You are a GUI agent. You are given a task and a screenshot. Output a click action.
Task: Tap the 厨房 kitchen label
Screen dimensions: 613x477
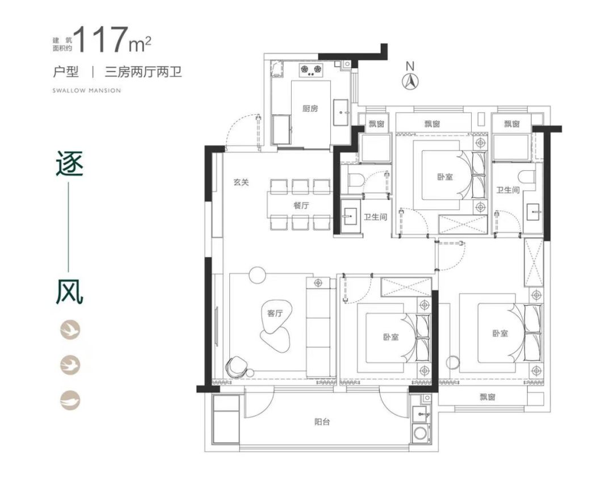click(310, 108)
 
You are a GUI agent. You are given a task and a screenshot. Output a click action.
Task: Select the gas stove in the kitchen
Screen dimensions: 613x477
click(311, 69)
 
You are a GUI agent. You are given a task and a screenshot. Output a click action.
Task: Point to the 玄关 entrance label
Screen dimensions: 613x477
click(241, 182)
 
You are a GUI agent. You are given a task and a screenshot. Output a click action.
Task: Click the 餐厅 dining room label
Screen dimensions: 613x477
click(301, 205)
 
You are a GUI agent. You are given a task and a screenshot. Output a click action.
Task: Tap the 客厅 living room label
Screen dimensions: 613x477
click(275, 313)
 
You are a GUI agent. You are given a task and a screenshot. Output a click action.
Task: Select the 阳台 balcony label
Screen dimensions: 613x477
click(322, 422)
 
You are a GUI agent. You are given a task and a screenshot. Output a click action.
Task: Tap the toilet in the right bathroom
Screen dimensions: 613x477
click(528, 177)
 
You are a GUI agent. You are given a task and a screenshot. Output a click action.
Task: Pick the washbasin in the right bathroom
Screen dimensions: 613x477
click(534, 213)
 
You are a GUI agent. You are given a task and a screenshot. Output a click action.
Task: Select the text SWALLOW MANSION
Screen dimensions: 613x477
click(87, 90)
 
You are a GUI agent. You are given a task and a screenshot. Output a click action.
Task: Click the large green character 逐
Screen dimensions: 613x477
click(70, 164)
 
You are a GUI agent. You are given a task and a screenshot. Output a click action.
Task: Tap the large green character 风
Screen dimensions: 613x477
click(70, 292)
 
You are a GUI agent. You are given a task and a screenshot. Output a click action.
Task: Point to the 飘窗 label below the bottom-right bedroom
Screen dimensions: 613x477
click(488, 397)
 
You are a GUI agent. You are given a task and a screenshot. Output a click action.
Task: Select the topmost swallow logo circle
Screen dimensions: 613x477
click(70, 329)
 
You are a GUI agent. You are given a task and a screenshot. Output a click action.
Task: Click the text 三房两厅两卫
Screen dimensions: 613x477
click(143, 72)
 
